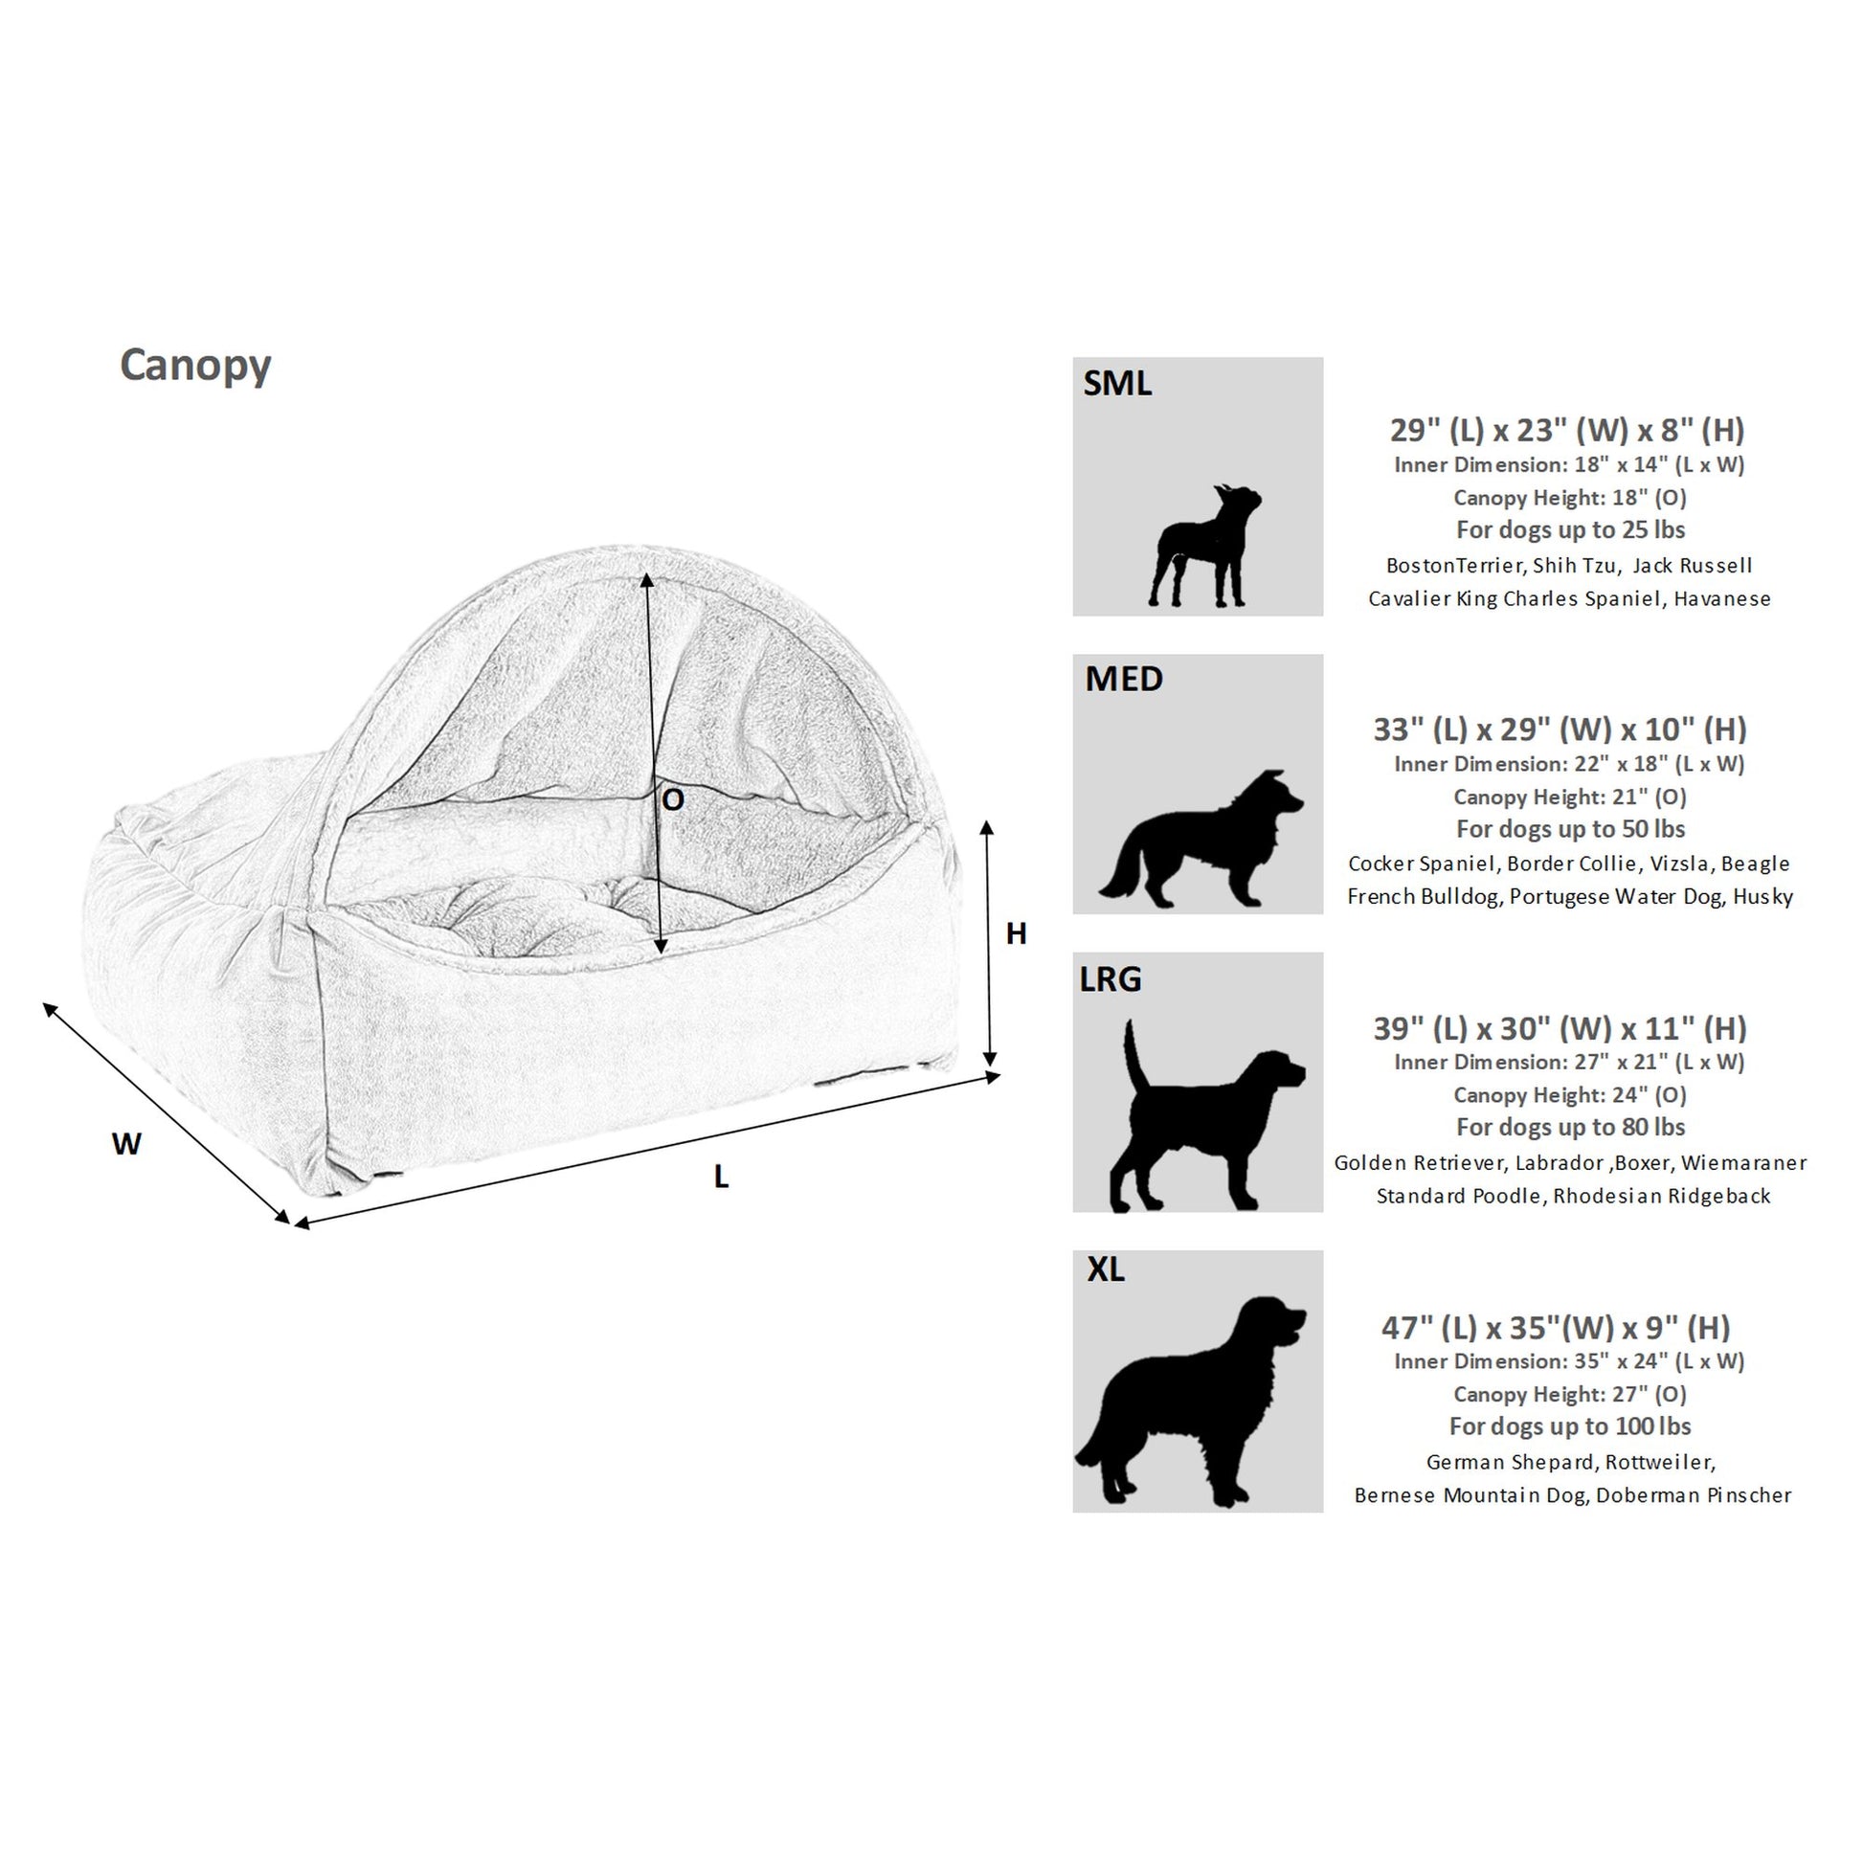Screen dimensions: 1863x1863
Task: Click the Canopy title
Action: [x=194, y=367]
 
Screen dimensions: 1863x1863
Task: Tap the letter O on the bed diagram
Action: [x=673, y=798]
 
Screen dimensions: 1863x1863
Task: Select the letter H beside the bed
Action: [x=1016, y=932]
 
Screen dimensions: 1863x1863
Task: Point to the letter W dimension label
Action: [x=126, y=1144]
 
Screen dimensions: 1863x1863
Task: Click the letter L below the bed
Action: [x=720, y=1177]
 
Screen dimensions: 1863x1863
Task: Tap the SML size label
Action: [x=1116, y=383]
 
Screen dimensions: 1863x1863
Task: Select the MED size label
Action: [x=1123, y=679]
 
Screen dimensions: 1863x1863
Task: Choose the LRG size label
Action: [x=1110, y=979]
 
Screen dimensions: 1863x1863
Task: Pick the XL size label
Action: [x=1105, y=1269]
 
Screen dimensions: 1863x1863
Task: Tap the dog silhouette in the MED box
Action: [x=1201, y=837]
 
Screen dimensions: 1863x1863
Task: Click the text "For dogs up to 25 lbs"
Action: [x=1571, y=529]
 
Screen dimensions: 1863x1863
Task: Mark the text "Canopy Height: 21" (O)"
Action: [x=1571, y=797]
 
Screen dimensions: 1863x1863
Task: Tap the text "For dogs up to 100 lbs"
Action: [x=1571, y=1426]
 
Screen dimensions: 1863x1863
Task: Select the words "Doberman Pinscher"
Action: [x=1695, y=1494]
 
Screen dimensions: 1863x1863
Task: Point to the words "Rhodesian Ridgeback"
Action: [x=1662, y=1196]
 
